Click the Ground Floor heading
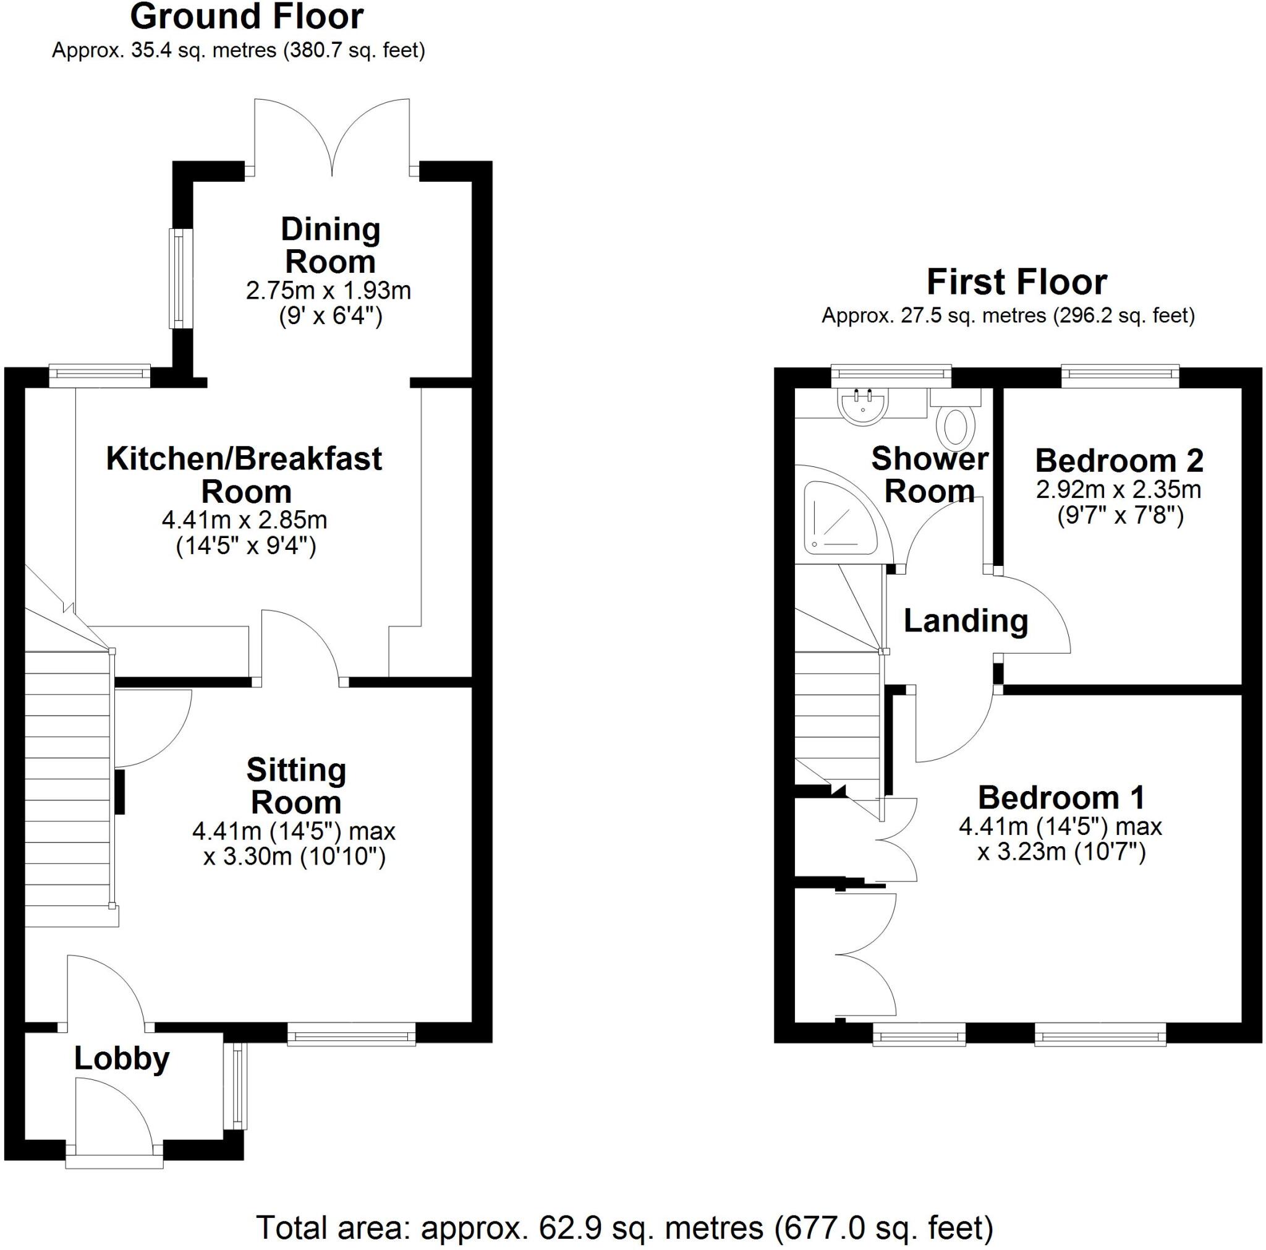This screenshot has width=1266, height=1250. (x=247, y=18)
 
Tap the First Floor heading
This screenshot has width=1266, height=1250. (x=1016, y=283)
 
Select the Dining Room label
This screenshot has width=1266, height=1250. (x=330, y=245)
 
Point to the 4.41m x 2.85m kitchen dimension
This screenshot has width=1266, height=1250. (x=244, y=520)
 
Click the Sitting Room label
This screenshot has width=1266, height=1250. (x=296, y=786)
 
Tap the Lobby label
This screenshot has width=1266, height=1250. (x=122, y=1059)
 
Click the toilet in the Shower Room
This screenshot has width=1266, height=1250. (x=956, y=426)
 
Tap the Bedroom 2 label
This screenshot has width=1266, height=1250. (x=1119, y=461)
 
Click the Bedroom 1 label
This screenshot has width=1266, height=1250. (x=1061, y=798)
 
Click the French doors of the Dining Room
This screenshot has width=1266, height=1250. (x=332, y=138)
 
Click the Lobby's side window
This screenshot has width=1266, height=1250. (x=237, y=1087)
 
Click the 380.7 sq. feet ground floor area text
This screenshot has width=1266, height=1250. (x=354, y=51)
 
